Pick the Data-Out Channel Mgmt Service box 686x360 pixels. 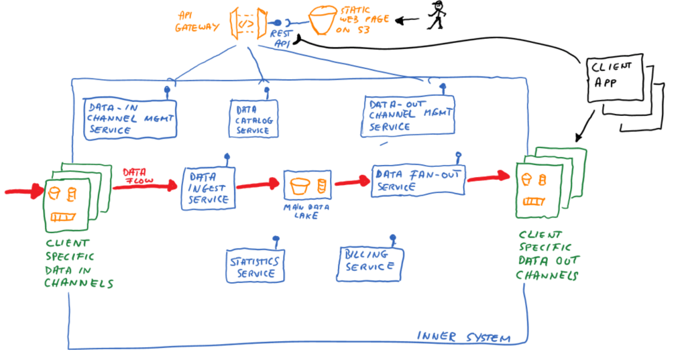(408, 115)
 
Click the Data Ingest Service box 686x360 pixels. (208, 188)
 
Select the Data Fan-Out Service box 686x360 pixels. (417, 180)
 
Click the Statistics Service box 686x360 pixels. (255, 265)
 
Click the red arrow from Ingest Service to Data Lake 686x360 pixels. (258, 184)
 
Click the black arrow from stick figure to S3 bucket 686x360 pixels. (407, 21)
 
